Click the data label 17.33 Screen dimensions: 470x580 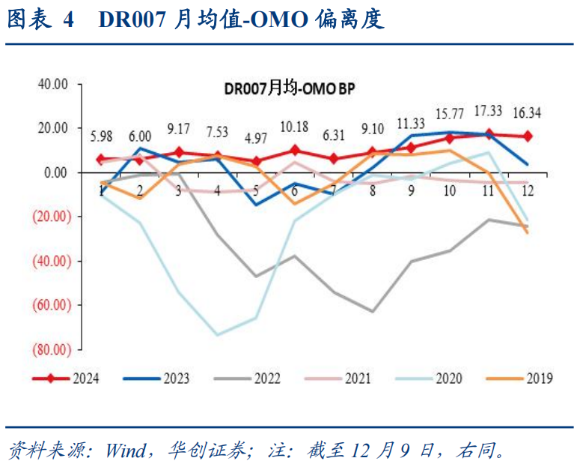tap(488, 111)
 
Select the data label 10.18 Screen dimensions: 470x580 tap(295, 126)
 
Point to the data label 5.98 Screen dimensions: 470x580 tap(101, 136)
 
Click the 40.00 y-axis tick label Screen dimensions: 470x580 tap(53, 84)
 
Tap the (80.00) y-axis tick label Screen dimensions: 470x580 tap(51, 349)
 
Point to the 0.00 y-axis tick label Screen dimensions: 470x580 tap(56, 172)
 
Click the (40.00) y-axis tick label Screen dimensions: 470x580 tap(51, 261)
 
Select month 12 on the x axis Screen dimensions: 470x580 tap(528, 190)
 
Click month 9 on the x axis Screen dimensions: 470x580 tap(411, 190)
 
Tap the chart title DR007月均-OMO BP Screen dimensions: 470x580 tap(289, 88)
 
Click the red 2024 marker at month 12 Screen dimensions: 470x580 tap(528, 136)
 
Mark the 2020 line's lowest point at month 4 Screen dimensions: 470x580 tap(217, 335)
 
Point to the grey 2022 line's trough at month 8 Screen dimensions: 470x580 tap(372, 311)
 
